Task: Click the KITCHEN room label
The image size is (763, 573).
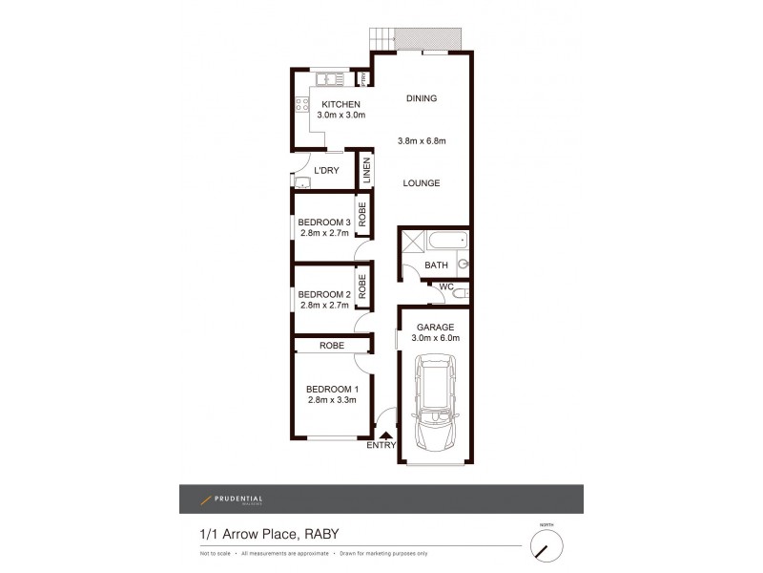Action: [340, 104]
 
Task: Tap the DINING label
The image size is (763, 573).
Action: [421, 98]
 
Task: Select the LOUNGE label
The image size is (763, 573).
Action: [421, 183]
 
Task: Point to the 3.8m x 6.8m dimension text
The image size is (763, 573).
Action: [422, 142]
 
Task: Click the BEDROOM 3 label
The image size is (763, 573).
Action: [324, 223]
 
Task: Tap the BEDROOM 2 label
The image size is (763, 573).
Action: [324, 294]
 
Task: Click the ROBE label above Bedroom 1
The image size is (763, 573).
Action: [332, 345]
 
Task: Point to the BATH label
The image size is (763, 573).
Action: [436, 265]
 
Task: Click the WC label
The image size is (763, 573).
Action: [445, 286]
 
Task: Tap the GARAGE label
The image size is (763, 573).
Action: [434, 327]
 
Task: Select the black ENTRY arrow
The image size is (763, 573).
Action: [386, 435]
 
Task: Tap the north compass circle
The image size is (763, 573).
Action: [546, 546]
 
